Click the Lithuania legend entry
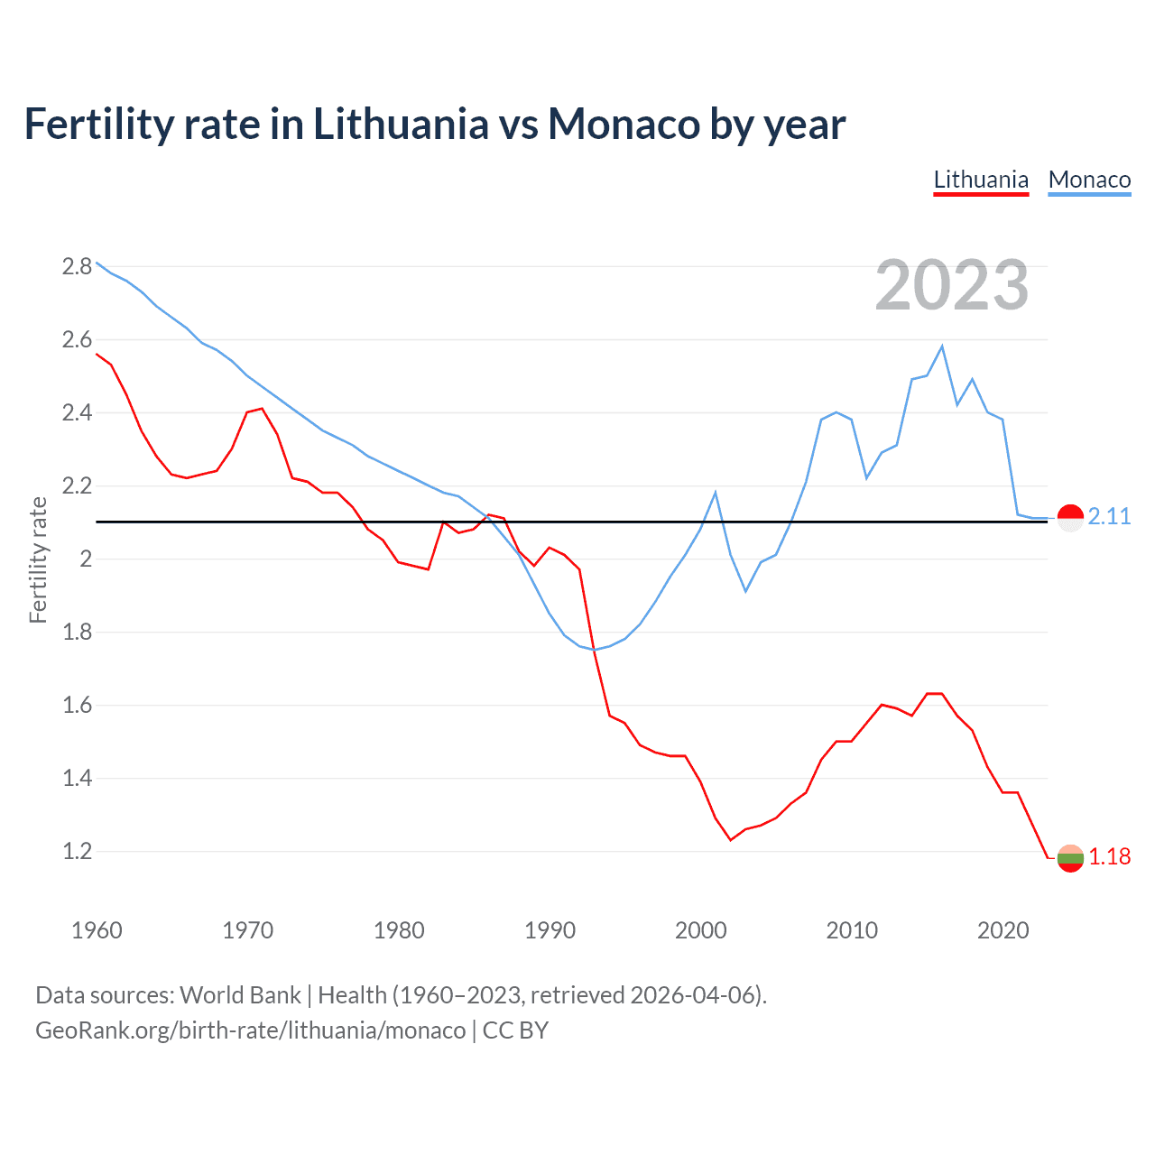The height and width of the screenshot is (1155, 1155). click(x=981, y=180)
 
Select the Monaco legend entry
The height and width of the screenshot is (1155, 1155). click(x=1089, y=180)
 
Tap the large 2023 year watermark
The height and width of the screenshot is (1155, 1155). click(x=952, y=285)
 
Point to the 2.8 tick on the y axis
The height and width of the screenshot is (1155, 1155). click(x=78, y=266)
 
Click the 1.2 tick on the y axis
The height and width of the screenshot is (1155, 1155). click(x=78, y=851)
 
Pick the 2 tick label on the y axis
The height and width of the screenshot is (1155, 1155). click(x=87, y=559)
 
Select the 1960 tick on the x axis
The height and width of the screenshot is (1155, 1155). click(x=97, y=930)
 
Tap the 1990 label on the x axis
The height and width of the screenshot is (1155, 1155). click(x=550, y=930)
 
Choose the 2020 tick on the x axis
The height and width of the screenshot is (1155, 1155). click(x=1003, y=930)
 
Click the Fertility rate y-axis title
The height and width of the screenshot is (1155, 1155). click(x=38, y=559)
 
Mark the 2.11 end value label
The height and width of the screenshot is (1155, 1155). click(x=1109, y=516)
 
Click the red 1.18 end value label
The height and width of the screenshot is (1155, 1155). click(x=1109, y=856)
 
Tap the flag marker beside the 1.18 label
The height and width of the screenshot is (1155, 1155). click(x=1070, y=858)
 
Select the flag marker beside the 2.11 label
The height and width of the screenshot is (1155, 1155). click(x=1070, y=518)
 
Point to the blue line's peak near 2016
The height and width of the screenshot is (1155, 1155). click(x=942, y=346)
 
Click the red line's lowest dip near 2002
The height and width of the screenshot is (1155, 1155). click(x=731, y=840)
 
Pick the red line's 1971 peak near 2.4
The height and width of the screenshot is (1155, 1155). click(x=262, y=409)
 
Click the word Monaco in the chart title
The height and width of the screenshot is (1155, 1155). click(x=623, y=124)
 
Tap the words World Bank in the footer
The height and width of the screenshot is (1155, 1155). click(x=240, y=995)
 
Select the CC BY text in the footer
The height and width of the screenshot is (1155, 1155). click(x=515, y=1030)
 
